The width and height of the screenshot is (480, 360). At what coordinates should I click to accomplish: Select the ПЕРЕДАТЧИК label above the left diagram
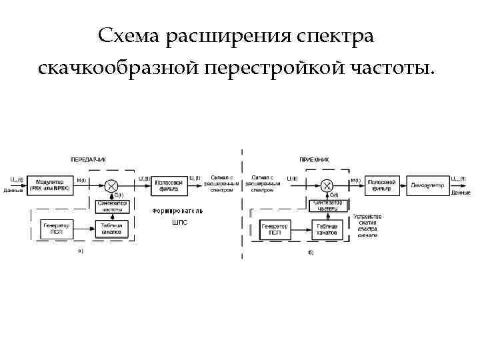pyautogui.click(x=89, y=159)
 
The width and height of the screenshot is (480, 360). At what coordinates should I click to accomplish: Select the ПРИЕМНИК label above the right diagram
pyautogui.click(x=314, y=160)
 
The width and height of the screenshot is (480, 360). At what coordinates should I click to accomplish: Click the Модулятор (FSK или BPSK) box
pyautogui.click(x=49, y=184)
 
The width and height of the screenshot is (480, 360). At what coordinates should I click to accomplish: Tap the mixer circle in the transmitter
pyautogui.click(x=112, y=185)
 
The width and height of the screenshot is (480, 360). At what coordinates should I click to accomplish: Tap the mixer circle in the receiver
pyautogui.click(x=327, y=185)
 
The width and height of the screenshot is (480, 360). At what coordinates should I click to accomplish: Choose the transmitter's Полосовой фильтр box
pyautogui.click(x=169, y=185)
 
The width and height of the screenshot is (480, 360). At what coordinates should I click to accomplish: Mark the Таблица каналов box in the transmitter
pyautogui.click(x=112, y=228)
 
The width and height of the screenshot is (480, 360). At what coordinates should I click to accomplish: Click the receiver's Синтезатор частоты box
pyautogui.click(x=327, y=205)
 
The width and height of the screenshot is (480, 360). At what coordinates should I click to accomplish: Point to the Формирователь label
pyautogui.click(x=177, y=211)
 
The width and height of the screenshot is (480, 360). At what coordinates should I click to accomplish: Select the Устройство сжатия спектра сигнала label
pyautogui.click(x=368, y=225)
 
